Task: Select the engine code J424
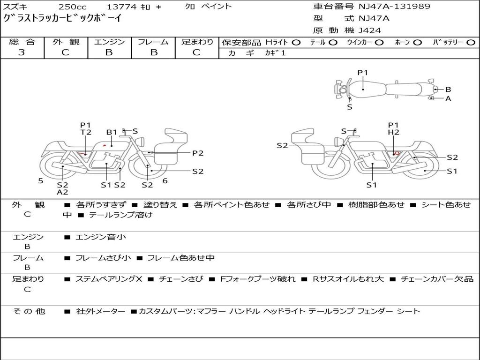[370, 30]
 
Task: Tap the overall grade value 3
[22, 52]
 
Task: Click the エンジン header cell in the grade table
[109, 42]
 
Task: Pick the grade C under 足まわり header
[196, 52]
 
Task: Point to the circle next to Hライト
[296, 42]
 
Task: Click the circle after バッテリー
[471, 42]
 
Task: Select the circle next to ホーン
[417, 42]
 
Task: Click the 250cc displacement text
[72, 7]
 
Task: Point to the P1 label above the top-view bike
[363, 73]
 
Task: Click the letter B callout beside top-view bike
[448, 89]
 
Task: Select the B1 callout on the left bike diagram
[112, 132]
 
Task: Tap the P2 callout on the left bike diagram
[198, 153]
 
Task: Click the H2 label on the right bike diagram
[393, 133]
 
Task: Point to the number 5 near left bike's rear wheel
[41, 180]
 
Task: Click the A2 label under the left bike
[62, 192]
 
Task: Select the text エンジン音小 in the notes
[101, 237]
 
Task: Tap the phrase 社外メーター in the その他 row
[101, 311]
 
